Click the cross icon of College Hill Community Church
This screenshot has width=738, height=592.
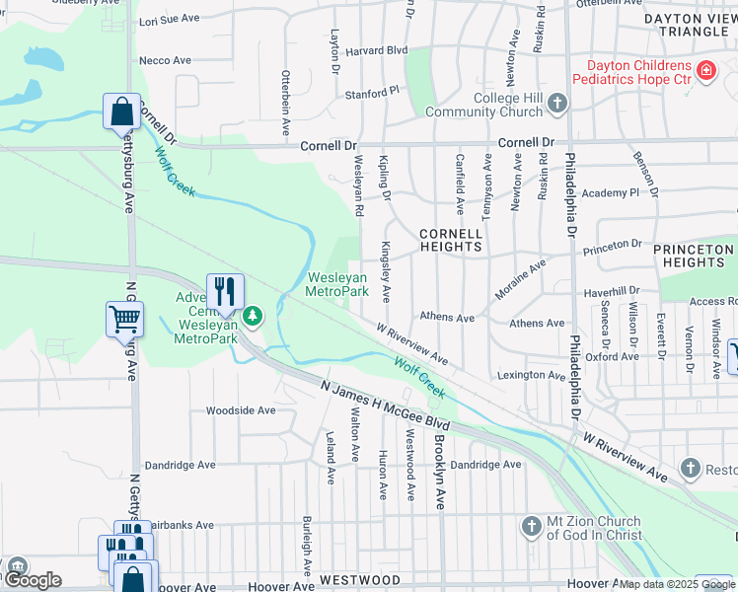pyautogui.click(x=557, y=104)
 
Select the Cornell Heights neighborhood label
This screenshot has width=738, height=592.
pyautogui.click(x=451, y=241)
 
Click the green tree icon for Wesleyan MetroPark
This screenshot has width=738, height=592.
pyautogui.click(x=255, y=316)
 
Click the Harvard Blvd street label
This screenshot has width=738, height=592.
pyautogui.click(x=376, y=50)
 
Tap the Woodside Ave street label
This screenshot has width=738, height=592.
pyautogui.click(x=240, y=410)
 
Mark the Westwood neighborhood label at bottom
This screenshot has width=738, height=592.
pyautogui.click(x=359, y=580)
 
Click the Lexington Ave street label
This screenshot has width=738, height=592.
pyautogui.click(x=531, y=375)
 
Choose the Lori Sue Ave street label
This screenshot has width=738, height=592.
pyautogui.click(x=171, y=20)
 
